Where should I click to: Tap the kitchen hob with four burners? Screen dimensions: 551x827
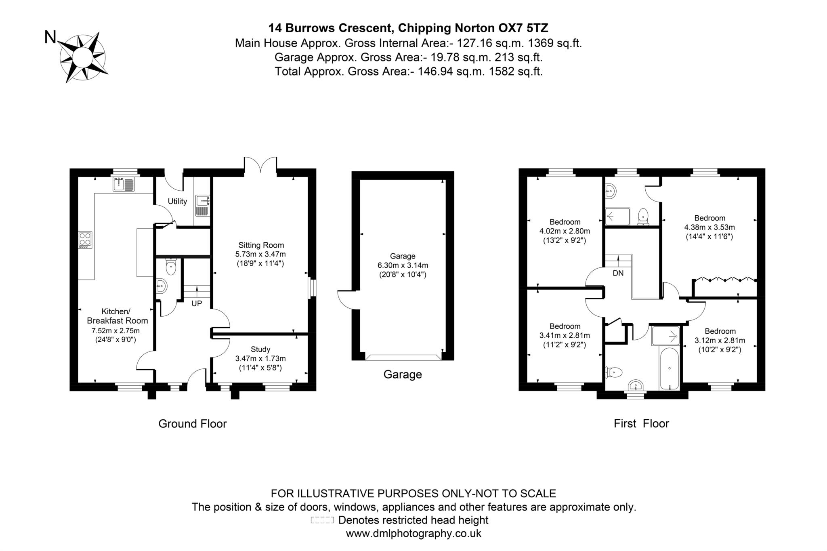[85, 240]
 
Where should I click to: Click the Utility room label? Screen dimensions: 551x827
[177, 201]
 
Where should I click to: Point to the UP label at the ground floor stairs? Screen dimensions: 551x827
[197, 303]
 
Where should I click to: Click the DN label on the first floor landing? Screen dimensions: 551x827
[618, 273]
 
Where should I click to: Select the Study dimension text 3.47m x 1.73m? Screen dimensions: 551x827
[260, 358]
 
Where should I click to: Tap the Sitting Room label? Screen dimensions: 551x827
[261, 245]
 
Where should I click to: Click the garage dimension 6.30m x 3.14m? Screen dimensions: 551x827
[403, 265]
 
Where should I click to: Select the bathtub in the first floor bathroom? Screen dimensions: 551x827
[670, 368]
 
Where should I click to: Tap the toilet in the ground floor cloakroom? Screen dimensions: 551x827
[171, 267]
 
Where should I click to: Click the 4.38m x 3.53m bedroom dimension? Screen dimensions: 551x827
[709, 227]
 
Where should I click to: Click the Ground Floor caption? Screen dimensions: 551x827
[192, 424]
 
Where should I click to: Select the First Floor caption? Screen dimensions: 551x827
[641, 424]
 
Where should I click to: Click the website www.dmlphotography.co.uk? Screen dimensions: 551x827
[413, 533]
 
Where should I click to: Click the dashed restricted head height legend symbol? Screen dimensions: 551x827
[322, 520]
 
